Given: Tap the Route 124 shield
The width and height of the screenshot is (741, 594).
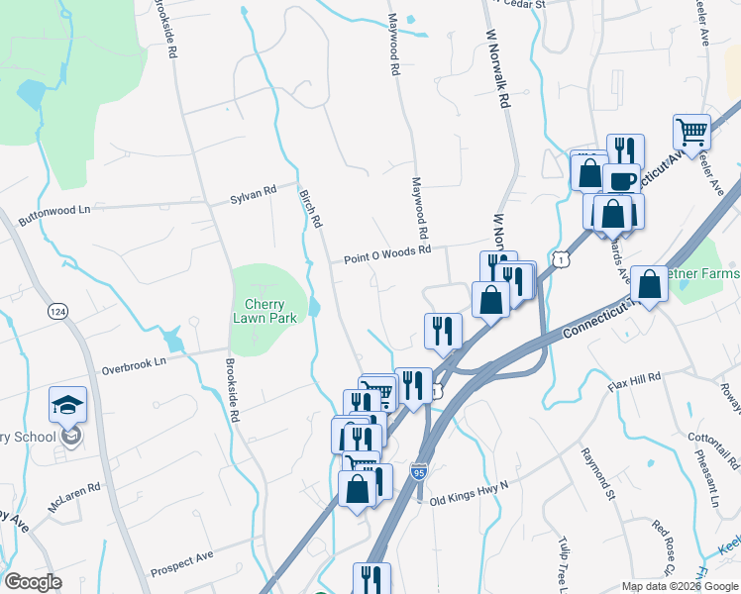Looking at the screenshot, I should click(x=57, y=311).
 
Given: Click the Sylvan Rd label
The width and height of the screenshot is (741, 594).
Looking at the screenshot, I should click(x=253, y=195).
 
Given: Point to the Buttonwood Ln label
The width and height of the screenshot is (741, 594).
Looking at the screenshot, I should click(x=57, y=209).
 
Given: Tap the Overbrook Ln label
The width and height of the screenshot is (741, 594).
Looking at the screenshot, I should click(x=133, y=365).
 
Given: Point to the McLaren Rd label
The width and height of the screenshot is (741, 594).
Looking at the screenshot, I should click(x=79, y=489).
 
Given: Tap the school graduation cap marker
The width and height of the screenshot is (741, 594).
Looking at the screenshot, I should click(x=67, y=404).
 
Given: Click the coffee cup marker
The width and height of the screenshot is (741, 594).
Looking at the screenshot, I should click(x=622, y=181).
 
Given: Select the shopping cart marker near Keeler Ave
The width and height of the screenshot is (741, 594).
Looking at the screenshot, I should click(x=691, y=131).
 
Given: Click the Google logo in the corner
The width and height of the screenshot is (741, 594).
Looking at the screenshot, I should click(x=33, y=582).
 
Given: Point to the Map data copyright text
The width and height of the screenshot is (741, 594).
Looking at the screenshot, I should click(x=680, y=586).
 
